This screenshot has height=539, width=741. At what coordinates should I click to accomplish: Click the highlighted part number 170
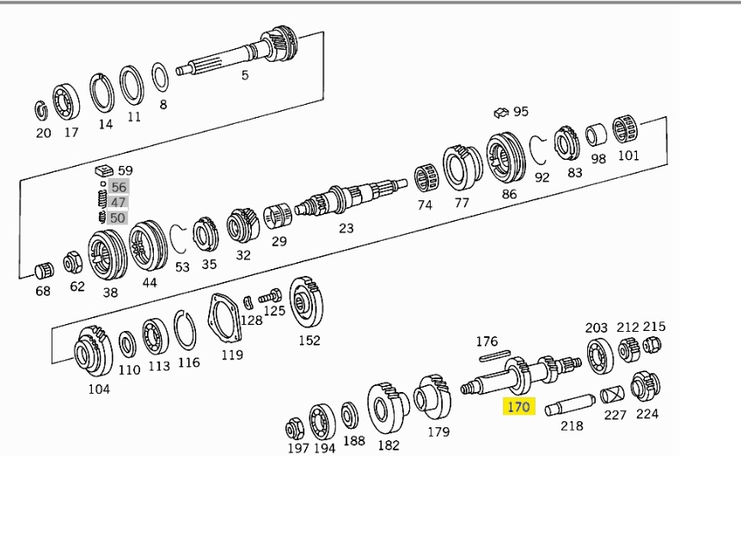click(x=518, y=406)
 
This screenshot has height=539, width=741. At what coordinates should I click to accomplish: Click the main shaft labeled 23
click(x=348, y=199)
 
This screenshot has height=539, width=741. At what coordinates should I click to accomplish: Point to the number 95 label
click(x=521, y=112)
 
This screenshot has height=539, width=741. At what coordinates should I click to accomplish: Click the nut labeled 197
click(x=295, y=426)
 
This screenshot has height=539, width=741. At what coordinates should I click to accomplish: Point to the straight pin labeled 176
click(x=494, y=356)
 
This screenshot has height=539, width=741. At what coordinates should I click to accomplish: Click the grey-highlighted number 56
click(x=119, y=187)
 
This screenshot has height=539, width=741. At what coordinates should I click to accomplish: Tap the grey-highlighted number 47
click(x=119, y=203)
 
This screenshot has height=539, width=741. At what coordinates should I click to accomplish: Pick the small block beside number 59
click(x=104, y=169)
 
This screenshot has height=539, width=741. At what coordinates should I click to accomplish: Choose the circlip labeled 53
click(x=180, y=241)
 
